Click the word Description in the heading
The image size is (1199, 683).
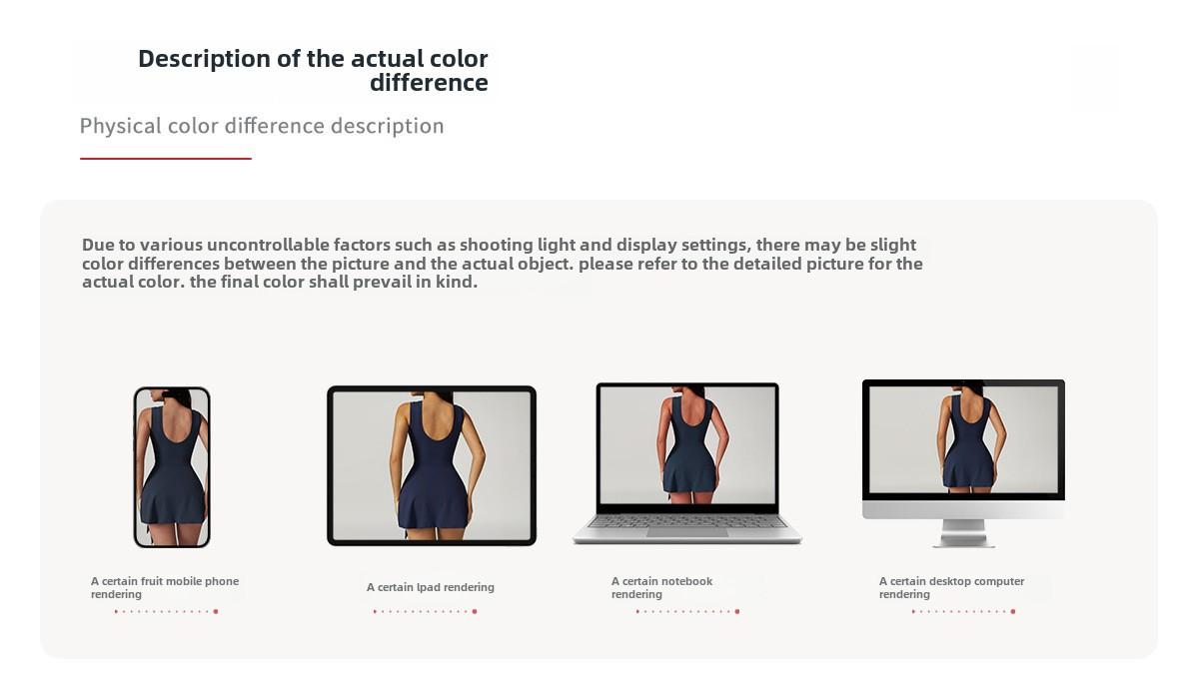coord(205,59)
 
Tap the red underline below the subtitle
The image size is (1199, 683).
coord(166,159)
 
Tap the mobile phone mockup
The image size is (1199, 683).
coord(172,467)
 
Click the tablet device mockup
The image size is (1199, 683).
coord(432,465)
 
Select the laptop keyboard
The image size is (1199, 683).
coord(687,521)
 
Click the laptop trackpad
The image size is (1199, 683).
coord(687,532)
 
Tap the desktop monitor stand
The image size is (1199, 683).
coord(963,533)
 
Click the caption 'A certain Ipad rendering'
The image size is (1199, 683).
coord(431,587)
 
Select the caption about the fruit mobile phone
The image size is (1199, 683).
coord(165,588)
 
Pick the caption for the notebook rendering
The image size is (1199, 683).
coord(661,588)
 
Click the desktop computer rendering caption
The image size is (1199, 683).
coord(951,588)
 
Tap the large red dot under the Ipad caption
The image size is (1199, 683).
coord(475,611)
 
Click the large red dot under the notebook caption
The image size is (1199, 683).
coord(737,611)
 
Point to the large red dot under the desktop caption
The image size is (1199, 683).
coord(1013,611)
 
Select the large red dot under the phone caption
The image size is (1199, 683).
coord(216,611)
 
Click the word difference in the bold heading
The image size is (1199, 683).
coord(429,83)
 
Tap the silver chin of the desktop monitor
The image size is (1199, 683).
coord(963,509)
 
